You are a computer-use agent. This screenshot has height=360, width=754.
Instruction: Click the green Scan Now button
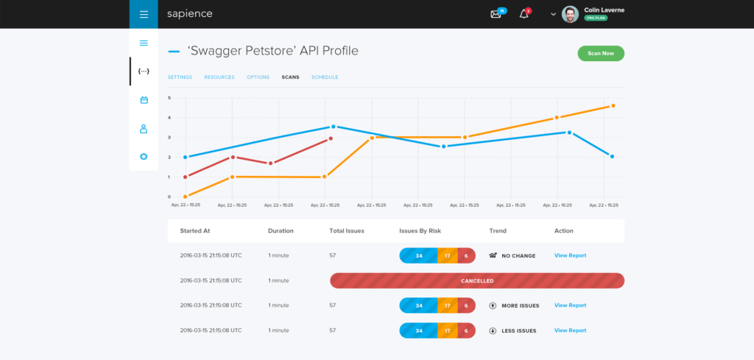(x=601, y=53)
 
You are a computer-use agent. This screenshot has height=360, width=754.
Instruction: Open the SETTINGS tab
(x=180, y=77)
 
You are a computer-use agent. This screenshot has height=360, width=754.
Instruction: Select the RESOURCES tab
(x=219, y=77)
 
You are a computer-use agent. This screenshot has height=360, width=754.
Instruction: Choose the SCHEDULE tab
(x=325, y=77)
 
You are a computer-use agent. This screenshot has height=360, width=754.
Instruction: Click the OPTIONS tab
(x=258, y=77)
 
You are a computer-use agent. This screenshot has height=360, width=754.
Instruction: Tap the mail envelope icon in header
(x=496, y=14)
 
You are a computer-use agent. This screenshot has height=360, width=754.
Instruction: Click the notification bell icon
(x=524, y=14)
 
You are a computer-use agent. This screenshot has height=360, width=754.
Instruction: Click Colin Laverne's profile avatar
(x=570, y=14)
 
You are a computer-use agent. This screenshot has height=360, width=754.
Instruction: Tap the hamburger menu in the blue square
(x=144, y=14)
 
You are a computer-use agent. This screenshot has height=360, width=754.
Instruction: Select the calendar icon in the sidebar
(x=144, y=99)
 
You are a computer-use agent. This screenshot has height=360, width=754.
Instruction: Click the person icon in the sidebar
(x=144, y=129)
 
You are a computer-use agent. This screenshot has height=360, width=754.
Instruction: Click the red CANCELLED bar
(x=477, y=280)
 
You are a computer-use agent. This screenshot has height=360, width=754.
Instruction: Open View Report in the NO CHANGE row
(x=570, y=255)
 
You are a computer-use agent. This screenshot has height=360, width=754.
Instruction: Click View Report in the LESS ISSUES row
(x=570, y=331)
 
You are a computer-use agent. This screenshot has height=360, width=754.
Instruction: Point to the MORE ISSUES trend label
(x=520, y=306)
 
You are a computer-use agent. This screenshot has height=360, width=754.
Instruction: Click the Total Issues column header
(x=347, y=230)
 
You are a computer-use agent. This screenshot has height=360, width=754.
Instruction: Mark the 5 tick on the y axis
(x=169, y=97)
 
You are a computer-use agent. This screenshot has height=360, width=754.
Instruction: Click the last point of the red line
(x=331, y=138)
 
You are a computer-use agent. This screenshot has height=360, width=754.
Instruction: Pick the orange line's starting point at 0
(x=185, y=197)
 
